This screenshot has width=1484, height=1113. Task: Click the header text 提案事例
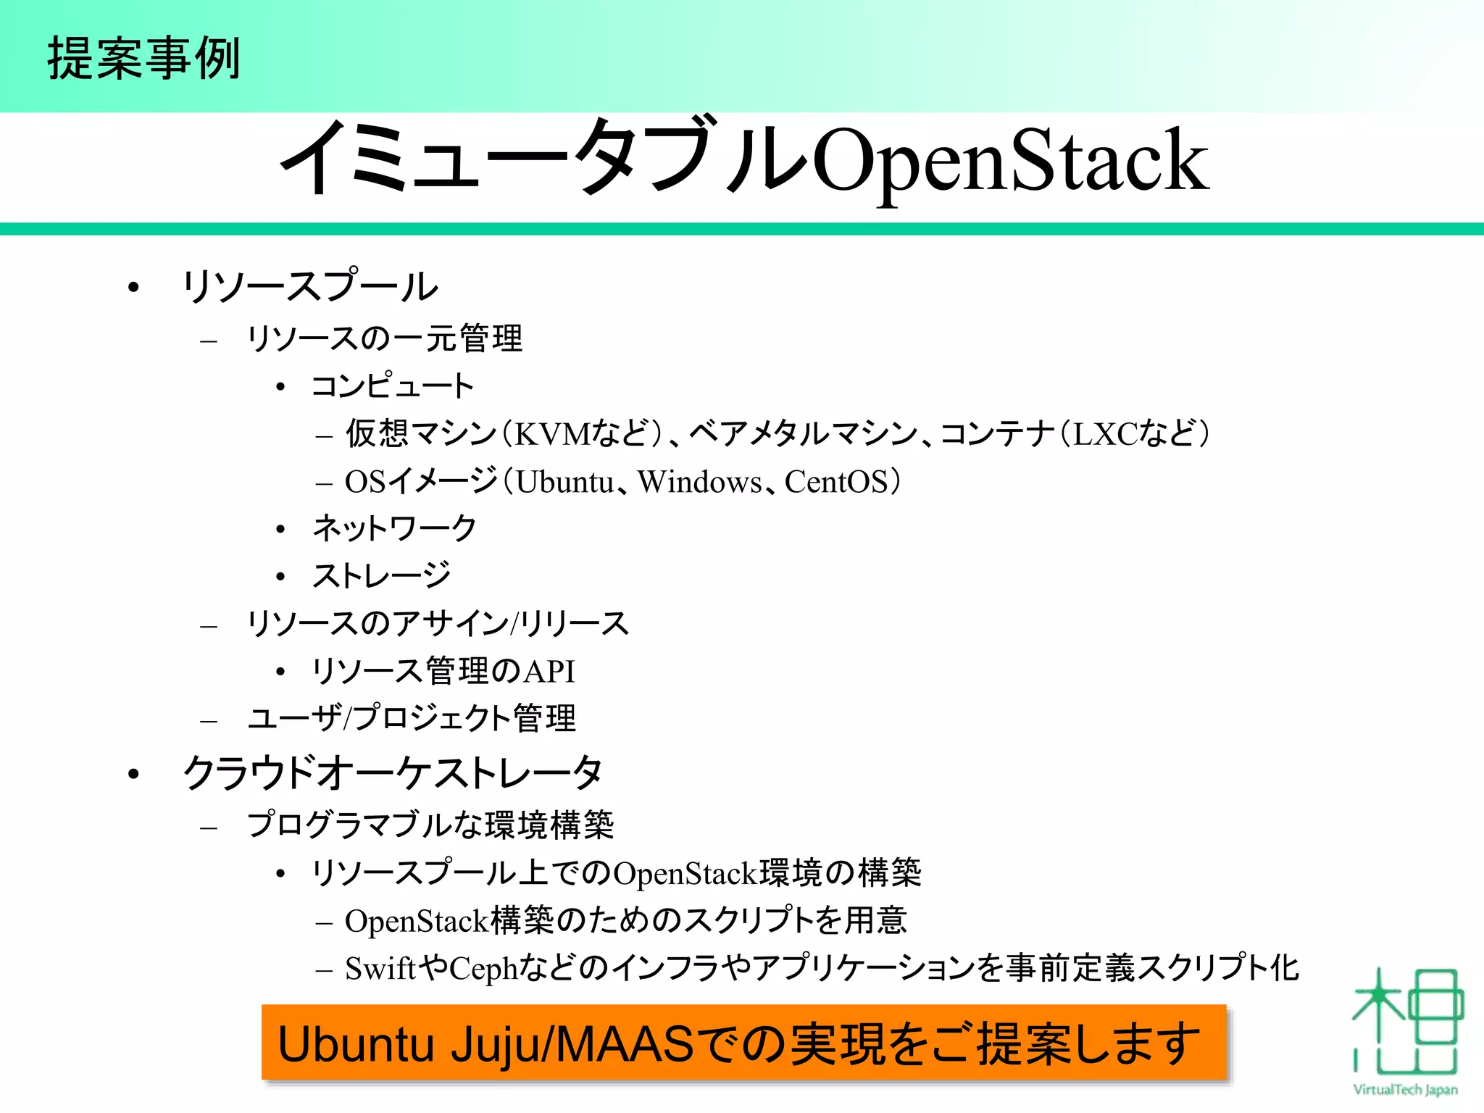point(143,58)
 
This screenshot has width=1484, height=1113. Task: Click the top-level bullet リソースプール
point(310,286)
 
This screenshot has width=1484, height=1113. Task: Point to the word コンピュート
point(392,385)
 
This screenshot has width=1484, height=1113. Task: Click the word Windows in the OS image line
point(699,482)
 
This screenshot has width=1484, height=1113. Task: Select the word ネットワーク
point(393,528)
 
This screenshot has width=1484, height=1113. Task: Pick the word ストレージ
point(381,575)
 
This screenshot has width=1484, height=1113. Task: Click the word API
point(549,671)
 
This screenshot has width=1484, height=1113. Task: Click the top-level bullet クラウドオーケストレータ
point(392,772)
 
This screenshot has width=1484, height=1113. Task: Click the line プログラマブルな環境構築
point(430,825)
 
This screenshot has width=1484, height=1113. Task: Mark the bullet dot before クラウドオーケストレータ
point(133,774)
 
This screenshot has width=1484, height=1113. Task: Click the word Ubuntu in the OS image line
point(564,482)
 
